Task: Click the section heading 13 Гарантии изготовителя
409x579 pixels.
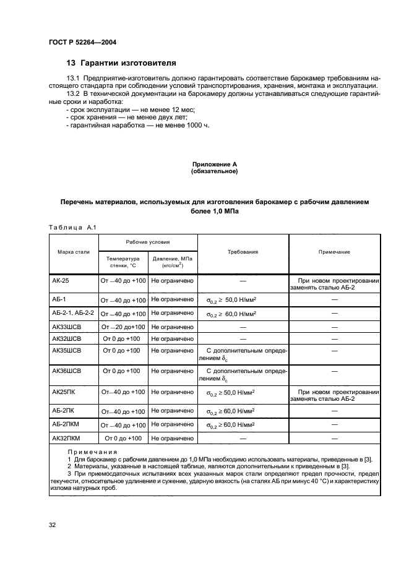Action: (x=121, y=63)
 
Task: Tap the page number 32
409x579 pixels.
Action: (x=53, y=525)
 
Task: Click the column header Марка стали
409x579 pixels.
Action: (x=74, y=252)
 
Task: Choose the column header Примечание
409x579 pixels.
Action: (x=334, y=252)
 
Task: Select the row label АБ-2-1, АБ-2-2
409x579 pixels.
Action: (x=73, y=314)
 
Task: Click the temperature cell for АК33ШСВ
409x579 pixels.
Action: (x=123, y=327)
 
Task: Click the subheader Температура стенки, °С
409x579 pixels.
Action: (x=123, y=262)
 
